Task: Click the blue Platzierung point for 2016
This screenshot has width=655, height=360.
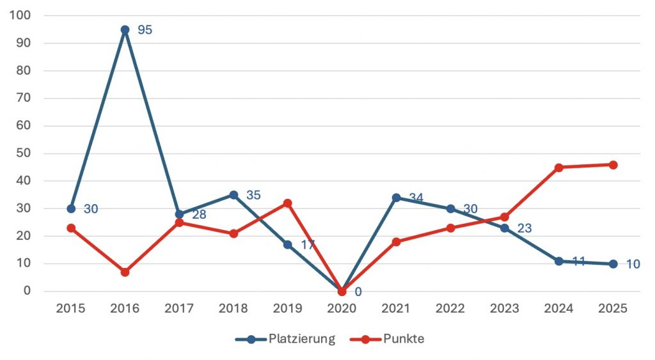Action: click(125, 29)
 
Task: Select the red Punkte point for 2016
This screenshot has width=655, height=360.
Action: click(125, 272)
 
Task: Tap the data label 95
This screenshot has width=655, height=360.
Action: click(145, 30)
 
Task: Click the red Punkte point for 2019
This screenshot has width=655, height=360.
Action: click(288, 203)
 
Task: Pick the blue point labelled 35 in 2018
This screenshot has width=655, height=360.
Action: click(233, 195)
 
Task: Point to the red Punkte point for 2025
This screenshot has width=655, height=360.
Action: click(613, 165)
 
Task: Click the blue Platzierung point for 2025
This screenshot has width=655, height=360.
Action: click(613, 263)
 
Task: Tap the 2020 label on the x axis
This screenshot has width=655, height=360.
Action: click(342, 308)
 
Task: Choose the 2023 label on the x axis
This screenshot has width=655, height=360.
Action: click(504, 308)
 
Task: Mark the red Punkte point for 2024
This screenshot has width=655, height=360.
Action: click(558, 168)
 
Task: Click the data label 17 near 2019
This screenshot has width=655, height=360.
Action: click(308, 245)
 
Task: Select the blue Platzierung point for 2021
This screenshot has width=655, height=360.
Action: click(396, 198)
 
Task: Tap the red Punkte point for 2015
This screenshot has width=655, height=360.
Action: click(71, 228)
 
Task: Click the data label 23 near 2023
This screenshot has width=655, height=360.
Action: click(525, 228)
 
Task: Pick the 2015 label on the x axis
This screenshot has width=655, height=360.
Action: click(71, 308)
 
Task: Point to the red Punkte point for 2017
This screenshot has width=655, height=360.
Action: click(179, 223)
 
